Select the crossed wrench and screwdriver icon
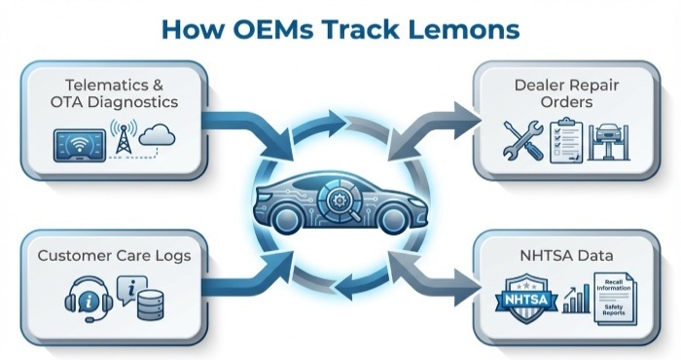click(x=523, y=139)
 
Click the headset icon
click(x=84, y=296)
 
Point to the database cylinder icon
click(x=149, y=304)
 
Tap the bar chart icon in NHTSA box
click(x=577, y=300)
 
